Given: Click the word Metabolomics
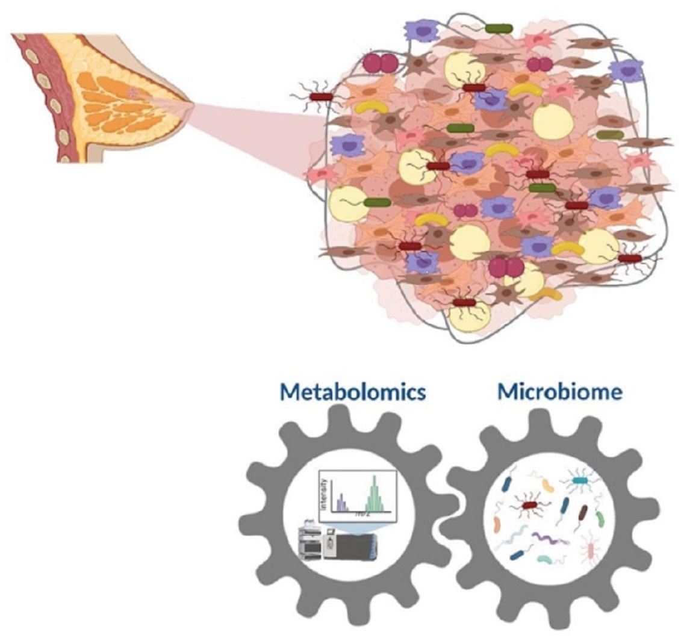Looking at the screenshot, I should tap(353, 392).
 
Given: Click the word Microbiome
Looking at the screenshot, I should tap(559, 392).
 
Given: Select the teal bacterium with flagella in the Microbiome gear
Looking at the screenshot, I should tap(580, 480).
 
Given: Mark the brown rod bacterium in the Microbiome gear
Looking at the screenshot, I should tap(583, 512).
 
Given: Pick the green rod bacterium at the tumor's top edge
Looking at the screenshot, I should tap(499, 28).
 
